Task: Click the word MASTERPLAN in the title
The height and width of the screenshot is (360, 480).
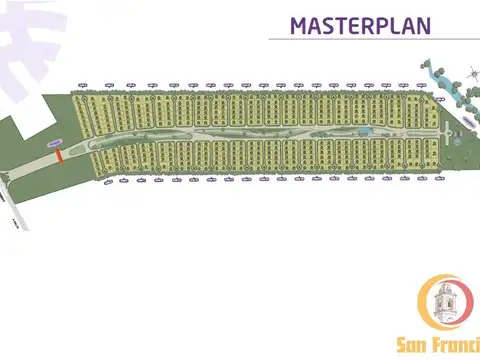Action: click(x=360, y=25)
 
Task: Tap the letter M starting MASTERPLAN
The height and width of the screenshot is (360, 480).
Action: click(x=298, y=25)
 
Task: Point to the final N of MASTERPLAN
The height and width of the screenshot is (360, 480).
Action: click(x=423, y=25)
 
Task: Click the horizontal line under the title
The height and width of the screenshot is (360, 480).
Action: click(x=370, y=40)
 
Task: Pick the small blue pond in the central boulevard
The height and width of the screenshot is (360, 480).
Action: click(x=365, y=131)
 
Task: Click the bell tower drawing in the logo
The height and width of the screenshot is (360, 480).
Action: click(x=445, y=305)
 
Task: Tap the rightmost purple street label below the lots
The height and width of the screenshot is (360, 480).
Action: click(x=436, y=180)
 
